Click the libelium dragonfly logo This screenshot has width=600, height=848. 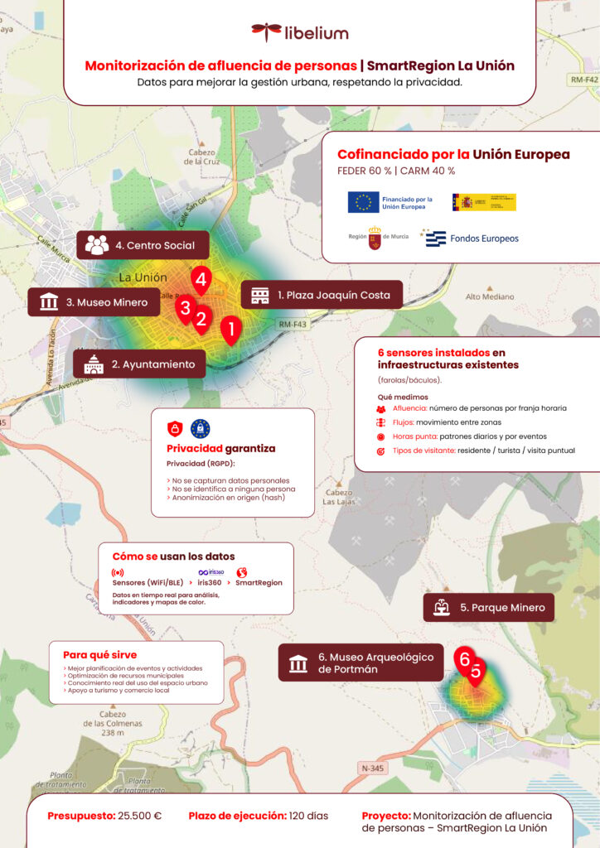coord(267,32)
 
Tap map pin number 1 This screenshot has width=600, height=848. coord(231,330)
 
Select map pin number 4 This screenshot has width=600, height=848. coord(201,279)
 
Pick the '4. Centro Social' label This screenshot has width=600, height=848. coord(143,245)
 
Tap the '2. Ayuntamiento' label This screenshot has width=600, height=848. coord(139,364)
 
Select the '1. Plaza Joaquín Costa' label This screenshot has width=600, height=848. coord(321,295)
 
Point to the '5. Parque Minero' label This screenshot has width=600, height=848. coord(488,607)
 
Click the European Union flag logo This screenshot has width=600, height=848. coord(363,202)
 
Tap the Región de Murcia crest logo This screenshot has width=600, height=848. coord(375,238)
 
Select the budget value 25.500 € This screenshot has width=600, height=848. coord(139,816)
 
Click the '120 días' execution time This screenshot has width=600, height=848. coord(308,816)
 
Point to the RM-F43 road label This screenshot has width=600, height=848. coord(293,325)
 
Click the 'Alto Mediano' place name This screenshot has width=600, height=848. coord(490,296)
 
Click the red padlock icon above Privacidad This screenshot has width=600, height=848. coord(175,428)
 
